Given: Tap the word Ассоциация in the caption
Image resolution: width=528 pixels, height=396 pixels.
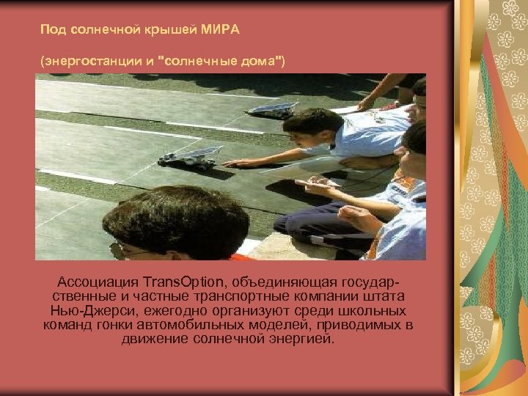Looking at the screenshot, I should [98, 282].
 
